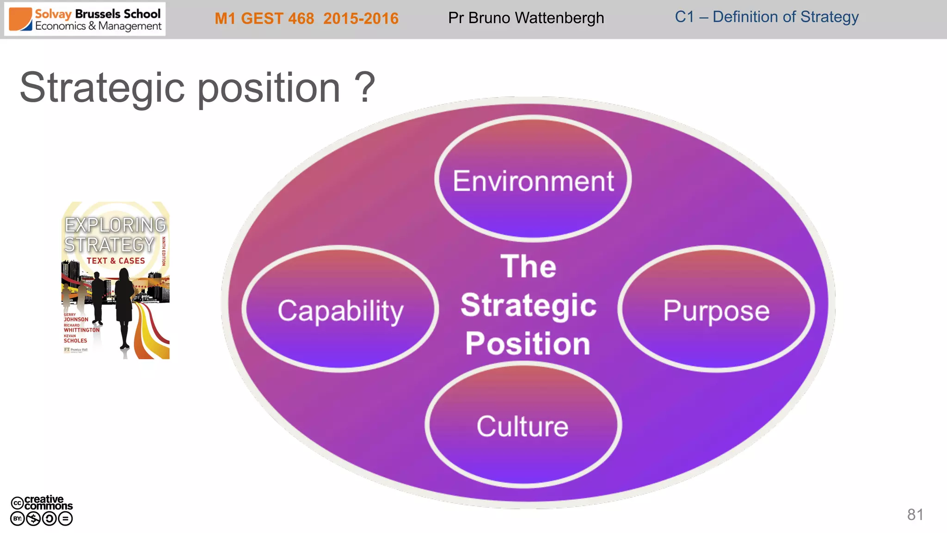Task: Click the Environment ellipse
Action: [533, 180]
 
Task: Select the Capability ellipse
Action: [340, 309]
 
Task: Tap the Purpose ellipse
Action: [716, 309]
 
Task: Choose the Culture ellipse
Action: [523, 425]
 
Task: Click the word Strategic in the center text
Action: [529, 305]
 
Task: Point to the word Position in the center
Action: [528, 344]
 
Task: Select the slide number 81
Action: [915, 514]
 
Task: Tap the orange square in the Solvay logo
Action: [20, 19]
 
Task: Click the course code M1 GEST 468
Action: [264, 19]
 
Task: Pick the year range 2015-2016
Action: [361, 19]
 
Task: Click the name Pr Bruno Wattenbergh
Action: [526, 18]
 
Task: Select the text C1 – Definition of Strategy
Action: [766, 17]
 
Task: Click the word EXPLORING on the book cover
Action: [115, 225]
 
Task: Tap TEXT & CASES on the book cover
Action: [116, 261]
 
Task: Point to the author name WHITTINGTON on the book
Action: [82, 330]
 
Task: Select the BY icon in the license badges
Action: [17, 519]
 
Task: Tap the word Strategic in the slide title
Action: [102, 88]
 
